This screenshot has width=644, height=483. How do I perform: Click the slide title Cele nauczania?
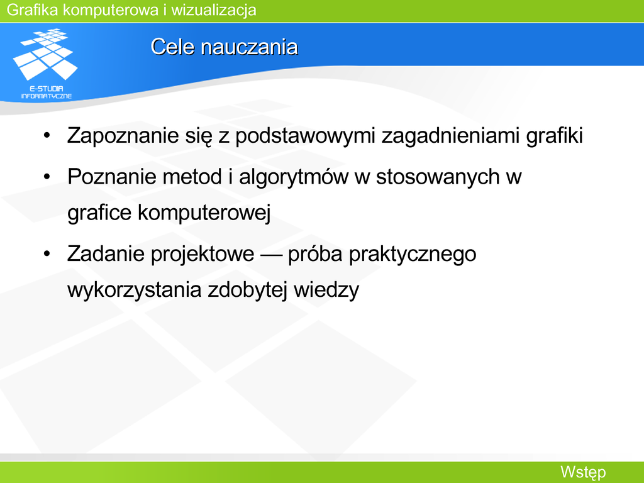[225, 47]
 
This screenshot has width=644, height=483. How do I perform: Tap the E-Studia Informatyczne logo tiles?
[45, 54]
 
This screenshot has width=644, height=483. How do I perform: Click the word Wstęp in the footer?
[583, 472]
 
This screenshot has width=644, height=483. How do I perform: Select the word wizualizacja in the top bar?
[214, 10]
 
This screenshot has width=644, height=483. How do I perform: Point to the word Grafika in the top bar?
[33, 10]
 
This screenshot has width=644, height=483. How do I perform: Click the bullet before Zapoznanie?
[47, 135]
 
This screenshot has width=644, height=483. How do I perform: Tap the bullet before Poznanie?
[47, 177]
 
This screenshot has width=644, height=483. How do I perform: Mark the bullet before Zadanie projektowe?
[47, 253]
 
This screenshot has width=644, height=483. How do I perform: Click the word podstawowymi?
[306, 136]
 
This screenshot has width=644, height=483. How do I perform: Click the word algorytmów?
[294, 177]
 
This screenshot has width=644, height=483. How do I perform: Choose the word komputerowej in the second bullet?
[204, 213]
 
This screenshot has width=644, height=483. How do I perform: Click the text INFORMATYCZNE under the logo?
[47, 96]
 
